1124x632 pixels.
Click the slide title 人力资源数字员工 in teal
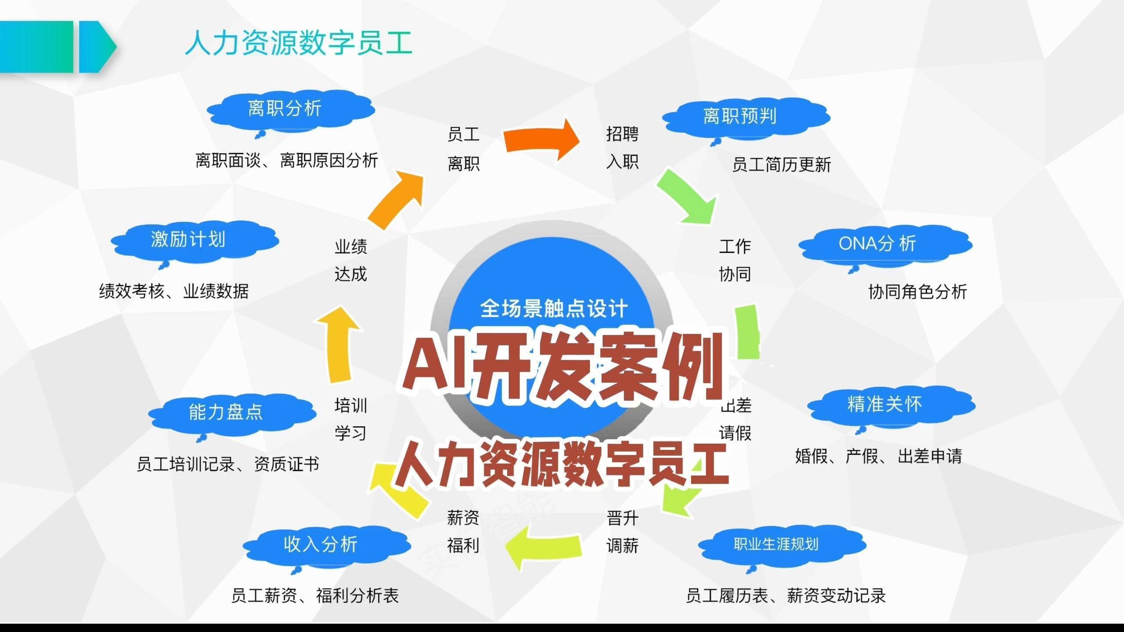[299, 43]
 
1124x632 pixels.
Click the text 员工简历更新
[782, 165]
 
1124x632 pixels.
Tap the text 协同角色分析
[918, 292]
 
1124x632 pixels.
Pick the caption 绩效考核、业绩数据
[174, 291]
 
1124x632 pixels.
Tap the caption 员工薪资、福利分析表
[315, 596]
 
